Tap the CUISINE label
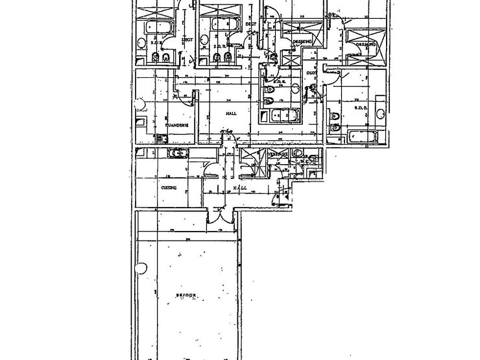point(170,187)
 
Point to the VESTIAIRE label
point(279,154)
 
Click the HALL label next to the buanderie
point(230,114)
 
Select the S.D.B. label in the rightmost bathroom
point(361,108)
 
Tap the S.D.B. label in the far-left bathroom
point(156,43)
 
